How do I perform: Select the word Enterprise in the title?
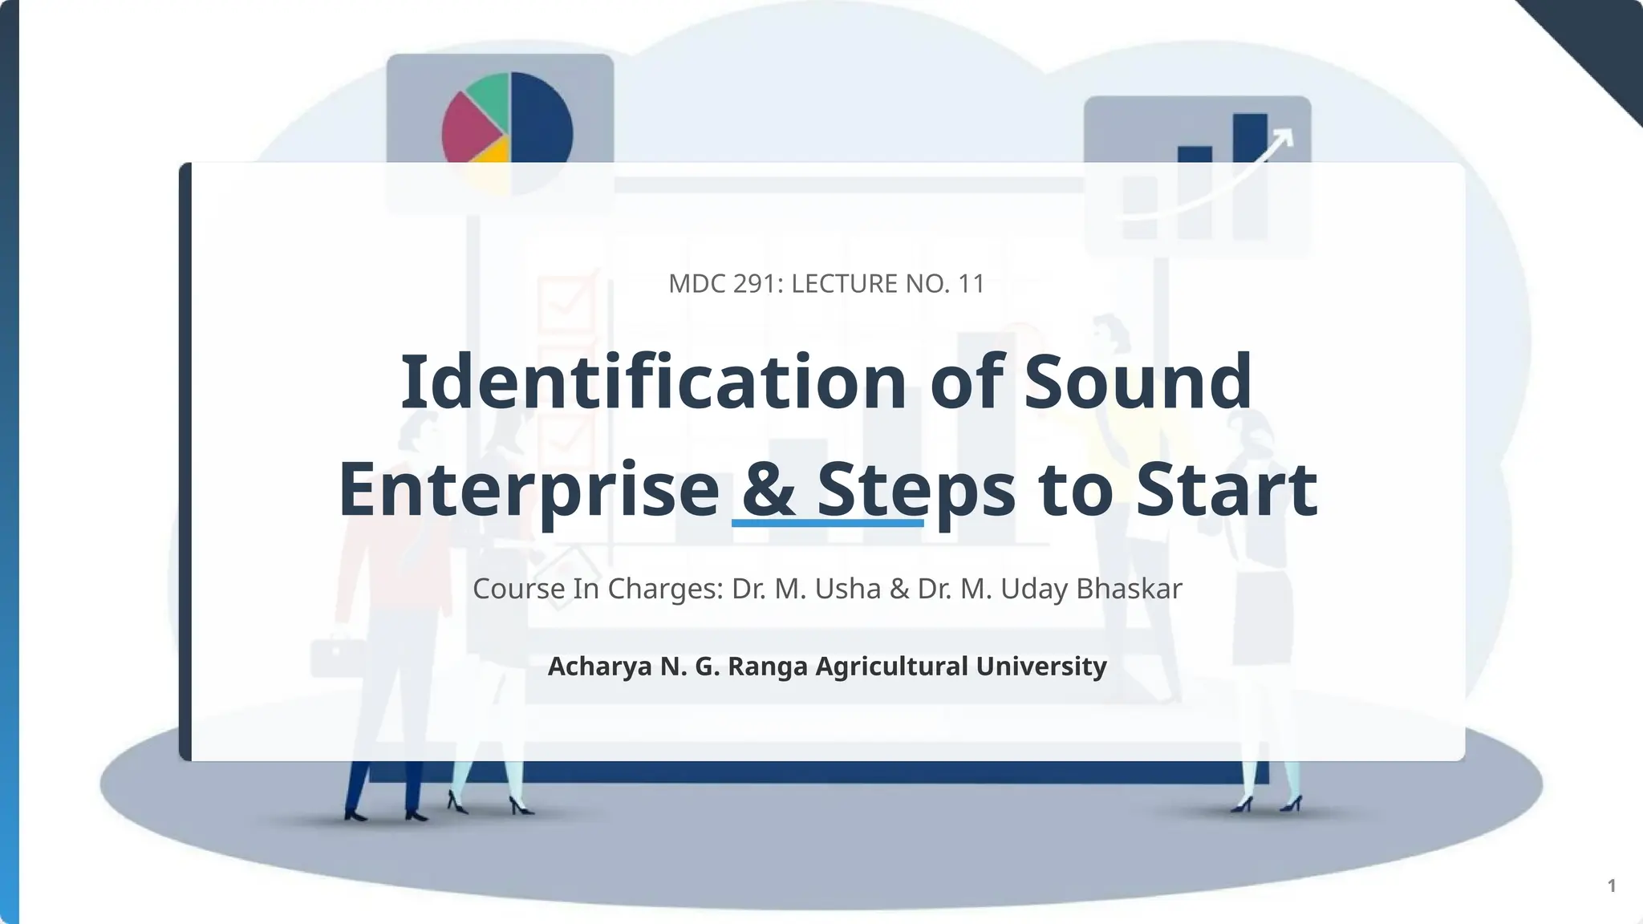coord(529,489)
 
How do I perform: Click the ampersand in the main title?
coord(769,489)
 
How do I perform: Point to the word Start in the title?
coord(1227,489)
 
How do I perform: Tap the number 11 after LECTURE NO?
coord(971,284)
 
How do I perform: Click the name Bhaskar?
coord(1129,589)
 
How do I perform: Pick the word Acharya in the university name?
coord(599,667)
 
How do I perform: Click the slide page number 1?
coord(1612,885)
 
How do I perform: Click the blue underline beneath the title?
coord(827,523)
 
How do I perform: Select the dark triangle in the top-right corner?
coord(1604,40)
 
